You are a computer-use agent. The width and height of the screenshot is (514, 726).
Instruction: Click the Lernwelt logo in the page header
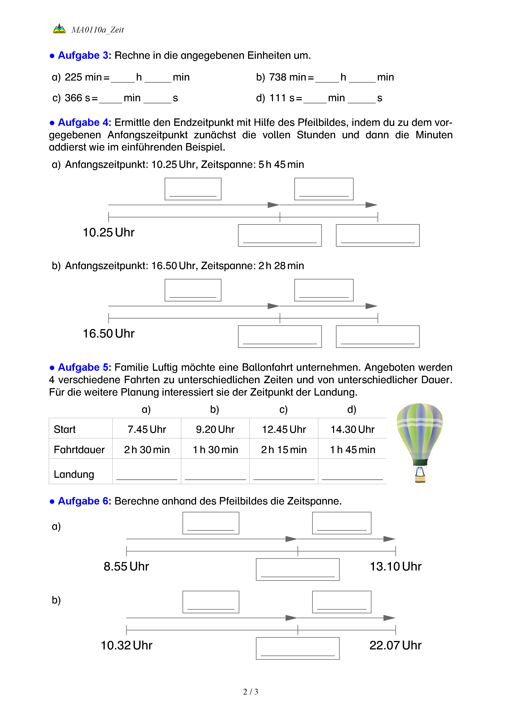pyautogui.click(x=59, y=29)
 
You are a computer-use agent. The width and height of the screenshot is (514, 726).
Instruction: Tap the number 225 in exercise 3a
pyautogui.click(x=73, y=77)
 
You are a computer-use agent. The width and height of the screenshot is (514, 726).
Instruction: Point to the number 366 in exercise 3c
pyautogui.click(x=73, y=98)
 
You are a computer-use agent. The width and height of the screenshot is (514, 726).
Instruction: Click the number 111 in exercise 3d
pyautogui.click(x=278, y=98)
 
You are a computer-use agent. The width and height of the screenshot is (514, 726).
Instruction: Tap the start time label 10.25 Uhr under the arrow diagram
pyautogui.click(x=109, y=232)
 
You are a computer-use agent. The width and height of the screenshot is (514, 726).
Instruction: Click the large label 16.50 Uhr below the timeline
pyautogui.click(x=109, y=334)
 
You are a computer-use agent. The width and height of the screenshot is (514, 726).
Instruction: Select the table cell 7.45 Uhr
pyautogui.click(x=147, y=429)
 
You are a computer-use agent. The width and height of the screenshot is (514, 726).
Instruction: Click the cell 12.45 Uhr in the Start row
pyautogui.click(x=284, y=429)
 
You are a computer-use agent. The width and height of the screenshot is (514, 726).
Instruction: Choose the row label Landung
pyautogui.click(x=74, y=474)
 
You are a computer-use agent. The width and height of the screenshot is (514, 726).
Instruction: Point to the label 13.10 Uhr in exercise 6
pyautogui.click(x=396, y=566)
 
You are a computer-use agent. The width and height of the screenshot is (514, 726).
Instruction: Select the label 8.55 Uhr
pyautogui.click(x=126, y=566)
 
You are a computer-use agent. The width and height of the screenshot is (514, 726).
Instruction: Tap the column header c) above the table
pyautogui.click(x=283, y=409)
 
